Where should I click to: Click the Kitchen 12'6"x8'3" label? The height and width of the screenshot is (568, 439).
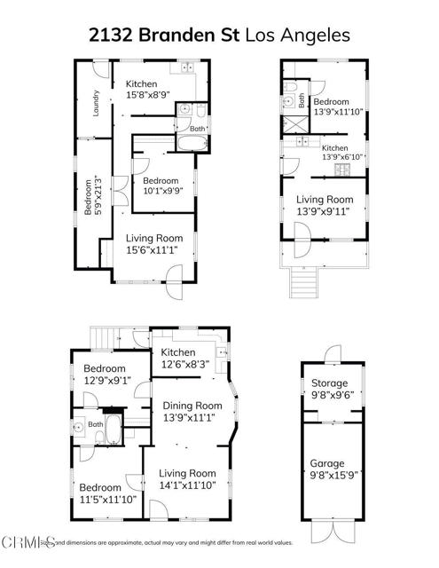[x=186, y=359]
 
